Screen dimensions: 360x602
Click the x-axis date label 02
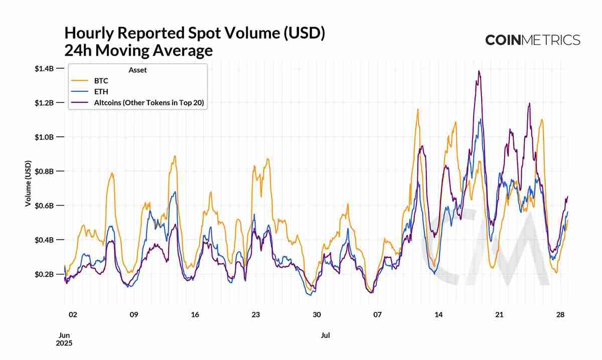[73, 315]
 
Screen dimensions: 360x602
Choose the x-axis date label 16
[195, 315]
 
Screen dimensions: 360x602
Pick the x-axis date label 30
[317, 315]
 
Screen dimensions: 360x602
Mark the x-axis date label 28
[561, 315]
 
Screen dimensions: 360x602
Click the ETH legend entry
[101, 92]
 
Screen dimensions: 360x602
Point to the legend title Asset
[137, 70]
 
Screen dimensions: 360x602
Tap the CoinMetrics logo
[532, 40]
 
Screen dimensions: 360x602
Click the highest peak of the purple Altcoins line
[479, 71]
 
